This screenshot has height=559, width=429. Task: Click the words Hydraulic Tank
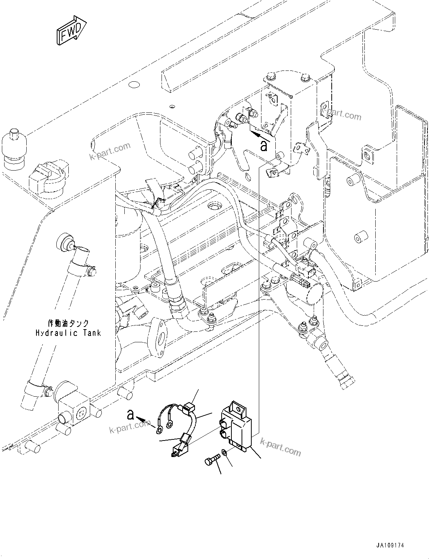(68, 333)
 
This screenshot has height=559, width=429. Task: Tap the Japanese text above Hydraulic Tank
(68, 323)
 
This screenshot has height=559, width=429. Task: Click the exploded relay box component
(237, 427)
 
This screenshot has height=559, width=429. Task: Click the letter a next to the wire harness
(130, 415)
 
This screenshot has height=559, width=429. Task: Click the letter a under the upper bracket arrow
(264, 146)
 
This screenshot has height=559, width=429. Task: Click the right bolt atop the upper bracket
(304, 79)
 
